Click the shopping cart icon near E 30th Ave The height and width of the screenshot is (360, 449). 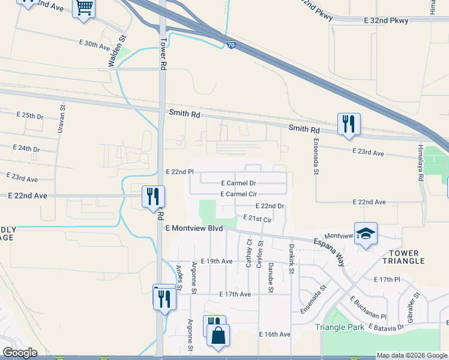pyautogui.click(x=84, y=8)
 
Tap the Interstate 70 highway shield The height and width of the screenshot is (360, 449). pyautogui.click(x=231, y=44)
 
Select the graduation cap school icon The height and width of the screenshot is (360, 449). pyautogui.click(x=366, y=233)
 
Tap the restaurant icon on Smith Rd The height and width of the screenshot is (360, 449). pyautogui.click(x=349, y=124)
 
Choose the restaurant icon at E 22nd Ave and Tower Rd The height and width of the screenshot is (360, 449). pyautogui.click(x=153, y=196)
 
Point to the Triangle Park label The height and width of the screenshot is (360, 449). pyautogui.click(x=339, y=328)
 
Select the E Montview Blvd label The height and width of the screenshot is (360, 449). pyautogui.click(x=194, y=229)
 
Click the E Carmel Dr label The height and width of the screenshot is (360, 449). pyautogui.click(x=238, y=183)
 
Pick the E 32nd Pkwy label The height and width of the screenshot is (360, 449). pyautogui.click(x=386, y=20)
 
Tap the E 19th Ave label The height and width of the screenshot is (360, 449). pyautogui.click(x=217, y=261)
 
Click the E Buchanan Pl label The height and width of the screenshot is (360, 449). pyautogui.click(x=368, y=307)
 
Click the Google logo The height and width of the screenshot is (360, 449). pyautogui.click(x=20, y=353)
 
